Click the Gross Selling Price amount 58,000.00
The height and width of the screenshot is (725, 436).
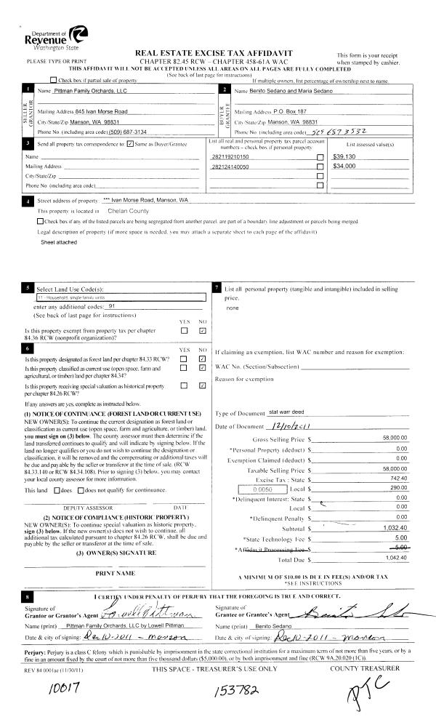[x=394, y=438]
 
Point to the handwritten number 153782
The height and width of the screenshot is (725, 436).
[x=230, y=689]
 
